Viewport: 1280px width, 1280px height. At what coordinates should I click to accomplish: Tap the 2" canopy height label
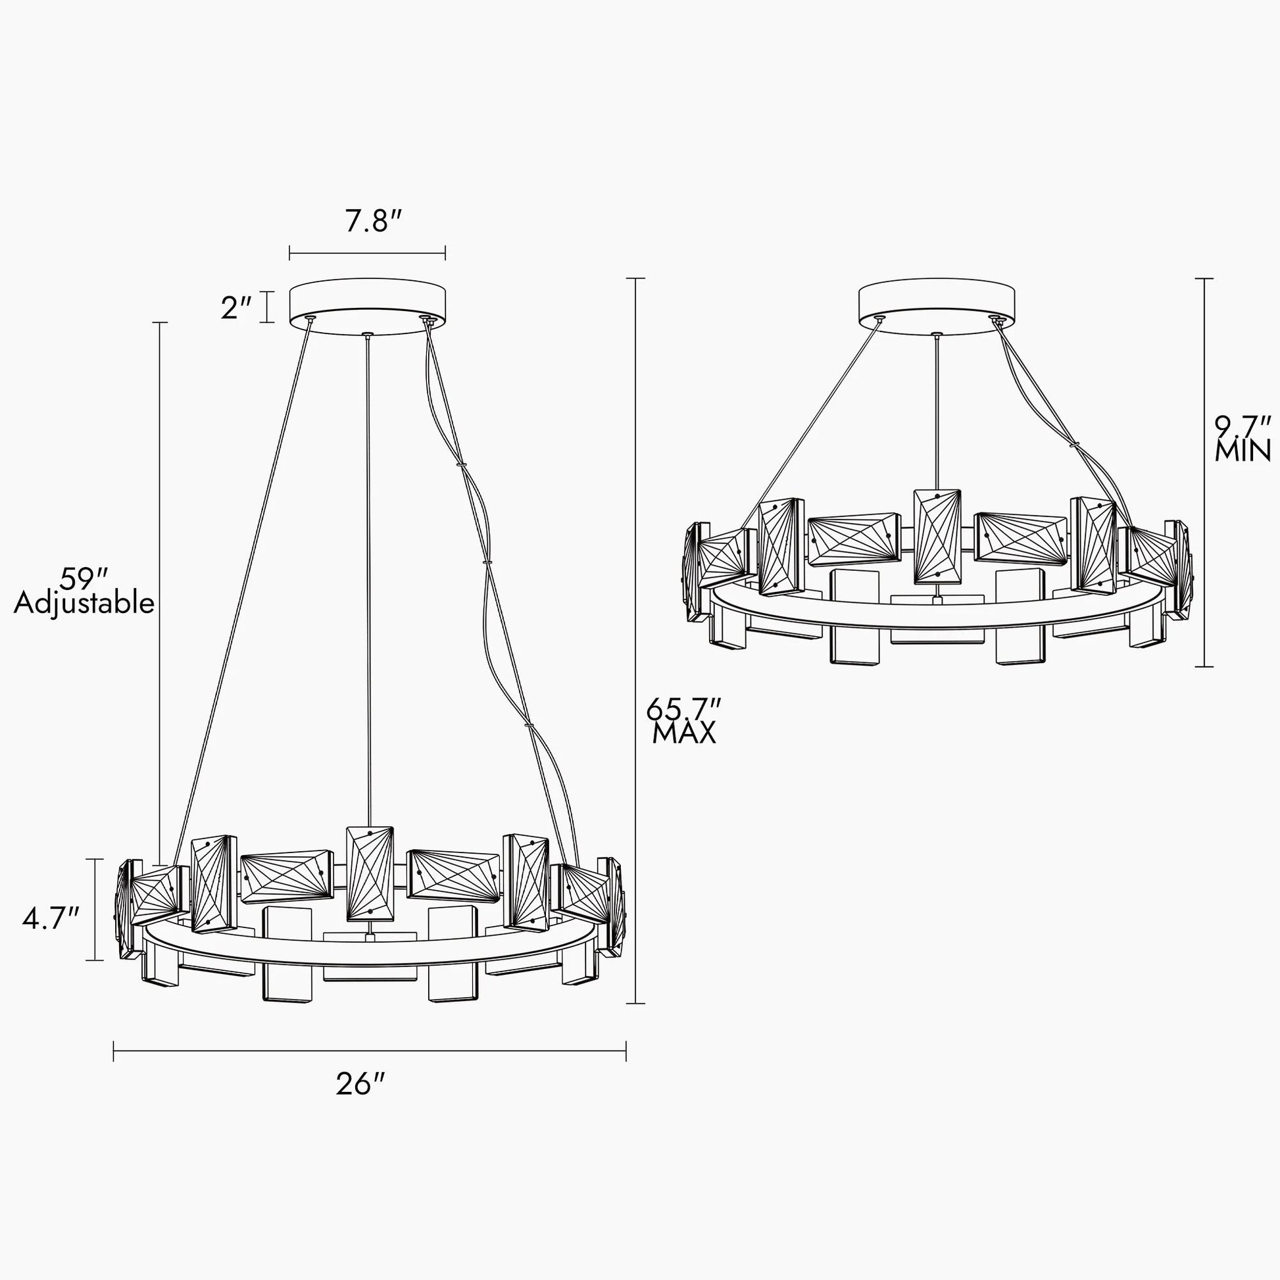coord(237,308)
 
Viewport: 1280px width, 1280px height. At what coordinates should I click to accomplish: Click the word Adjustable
coord(84,604)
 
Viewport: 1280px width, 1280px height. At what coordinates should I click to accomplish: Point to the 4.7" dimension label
coord(51,919)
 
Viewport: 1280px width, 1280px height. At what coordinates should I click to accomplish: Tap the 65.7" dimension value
coord(683,709)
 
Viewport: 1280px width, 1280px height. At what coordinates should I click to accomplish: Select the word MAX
coord(684,733)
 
